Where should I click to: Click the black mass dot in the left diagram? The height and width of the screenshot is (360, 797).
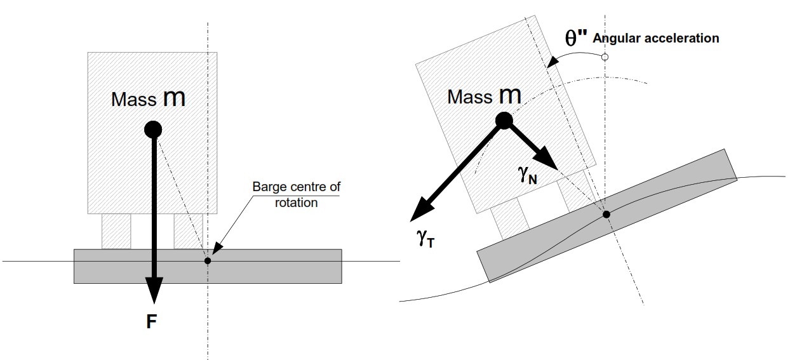point(153,130)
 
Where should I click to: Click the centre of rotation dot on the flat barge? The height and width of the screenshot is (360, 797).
point(208,260)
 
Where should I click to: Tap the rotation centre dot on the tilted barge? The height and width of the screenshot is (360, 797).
point(606,215)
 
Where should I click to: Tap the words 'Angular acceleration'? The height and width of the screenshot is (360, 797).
point(656,38)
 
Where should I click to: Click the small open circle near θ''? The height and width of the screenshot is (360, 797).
point(605,57)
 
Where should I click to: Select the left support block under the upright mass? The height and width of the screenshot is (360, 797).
point(116,231)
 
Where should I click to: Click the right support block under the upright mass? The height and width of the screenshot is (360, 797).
point(188,231)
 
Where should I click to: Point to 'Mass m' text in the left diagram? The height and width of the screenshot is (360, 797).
point(148,98)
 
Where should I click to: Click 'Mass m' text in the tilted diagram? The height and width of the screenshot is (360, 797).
point(484,97)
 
